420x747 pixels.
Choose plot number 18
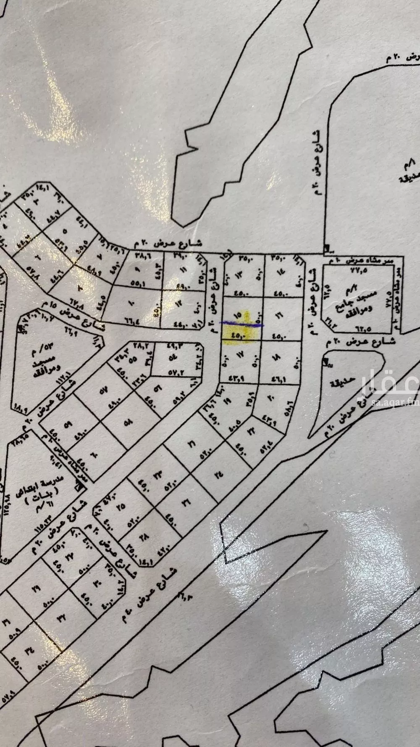pyautogui.click(x=279, y=356)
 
